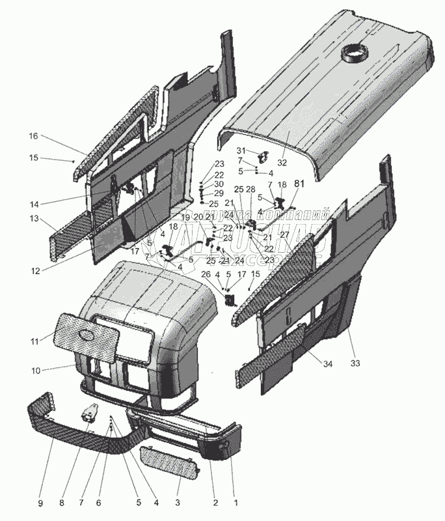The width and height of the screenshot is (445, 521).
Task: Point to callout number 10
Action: [x=36, y=371]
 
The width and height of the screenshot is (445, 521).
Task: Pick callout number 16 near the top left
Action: [x=33, y=136]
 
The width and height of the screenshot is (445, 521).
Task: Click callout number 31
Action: [x=239, y=151]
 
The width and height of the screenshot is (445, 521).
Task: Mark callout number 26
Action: [x=206, y=274]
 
